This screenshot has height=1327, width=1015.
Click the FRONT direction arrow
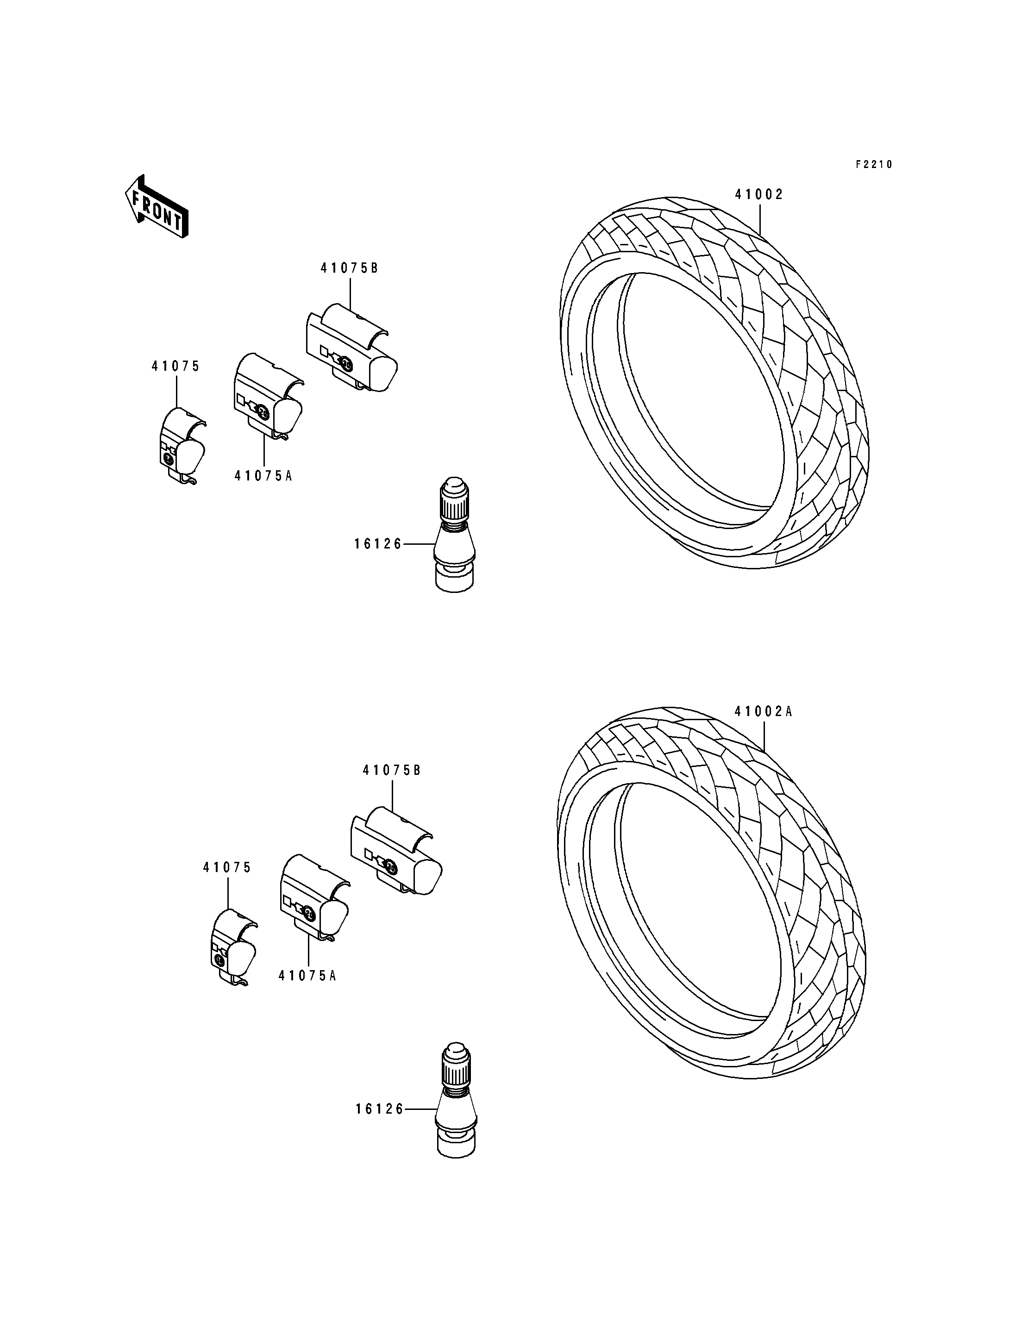[156, 206]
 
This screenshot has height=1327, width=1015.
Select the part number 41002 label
[759, 194]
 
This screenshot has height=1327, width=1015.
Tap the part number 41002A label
[763, 711]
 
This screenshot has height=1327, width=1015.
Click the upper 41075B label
[349, 268]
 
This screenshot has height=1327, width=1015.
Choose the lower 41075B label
[391, 770]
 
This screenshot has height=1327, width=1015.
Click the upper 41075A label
[263, 476]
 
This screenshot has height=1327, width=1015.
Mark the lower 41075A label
[307, 976]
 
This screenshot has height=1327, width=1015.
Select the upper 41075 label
[175, 366]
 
